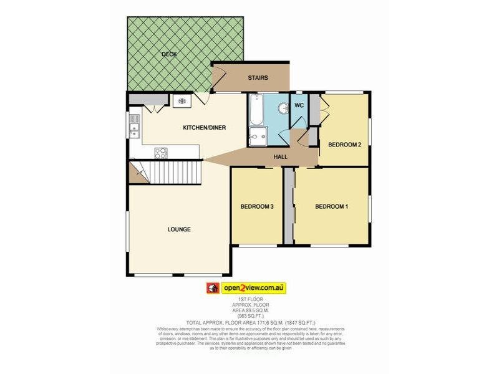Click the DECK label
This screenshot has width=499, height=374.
click(168, 54)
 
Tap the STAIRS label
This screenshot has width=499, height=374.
click(258, 78)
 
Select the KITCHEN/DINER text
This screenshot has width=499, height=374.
click(204, 128)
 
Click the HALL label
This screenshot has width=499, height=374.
click(281, 156)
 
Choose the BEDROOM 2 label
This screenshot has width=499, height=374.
click(345, 145)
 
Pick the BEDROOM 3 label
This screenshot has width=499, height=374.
click(258, 207)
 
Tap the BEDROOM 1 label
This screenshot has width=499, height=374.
click(331, 207)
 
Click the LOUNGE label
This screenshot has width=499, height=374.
click(179, 229)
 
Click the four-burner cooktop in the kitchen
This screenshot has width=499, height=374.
click(161, 151)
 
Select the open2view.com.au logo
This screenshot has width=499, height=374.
click(246, 288)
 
